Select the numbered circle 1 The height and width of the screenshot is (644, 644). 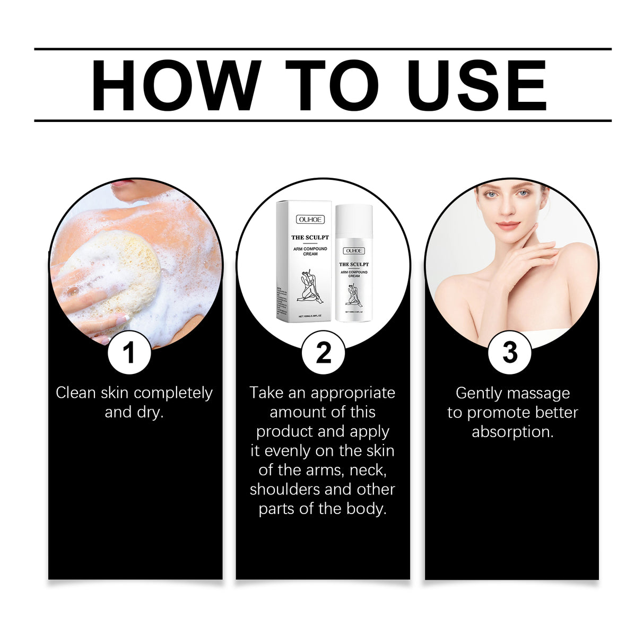[x=129, y=352]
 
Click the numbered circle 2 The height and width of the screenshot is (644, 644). [x=323, y=352]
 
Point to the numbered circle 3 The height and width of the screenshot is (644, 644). [x=509, y=352]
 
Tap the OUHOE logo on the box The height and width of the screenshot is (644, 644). [x=310, y=220]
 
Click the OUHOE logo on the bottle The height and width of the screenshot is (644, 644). [x=354, y=250]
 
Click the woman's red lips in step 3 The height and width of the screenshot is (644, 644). [x=508, y=226]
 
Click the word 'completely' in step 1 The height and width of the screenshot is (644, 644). [x=173, y=393]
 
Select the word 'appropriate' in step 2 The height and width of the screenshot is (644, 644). [x=353, y=393]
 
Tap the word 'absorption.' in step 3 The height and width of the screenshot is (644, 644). [x=512, y=432]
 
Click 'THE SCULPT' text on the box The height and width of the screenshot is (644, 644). [x=310, y=237]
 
